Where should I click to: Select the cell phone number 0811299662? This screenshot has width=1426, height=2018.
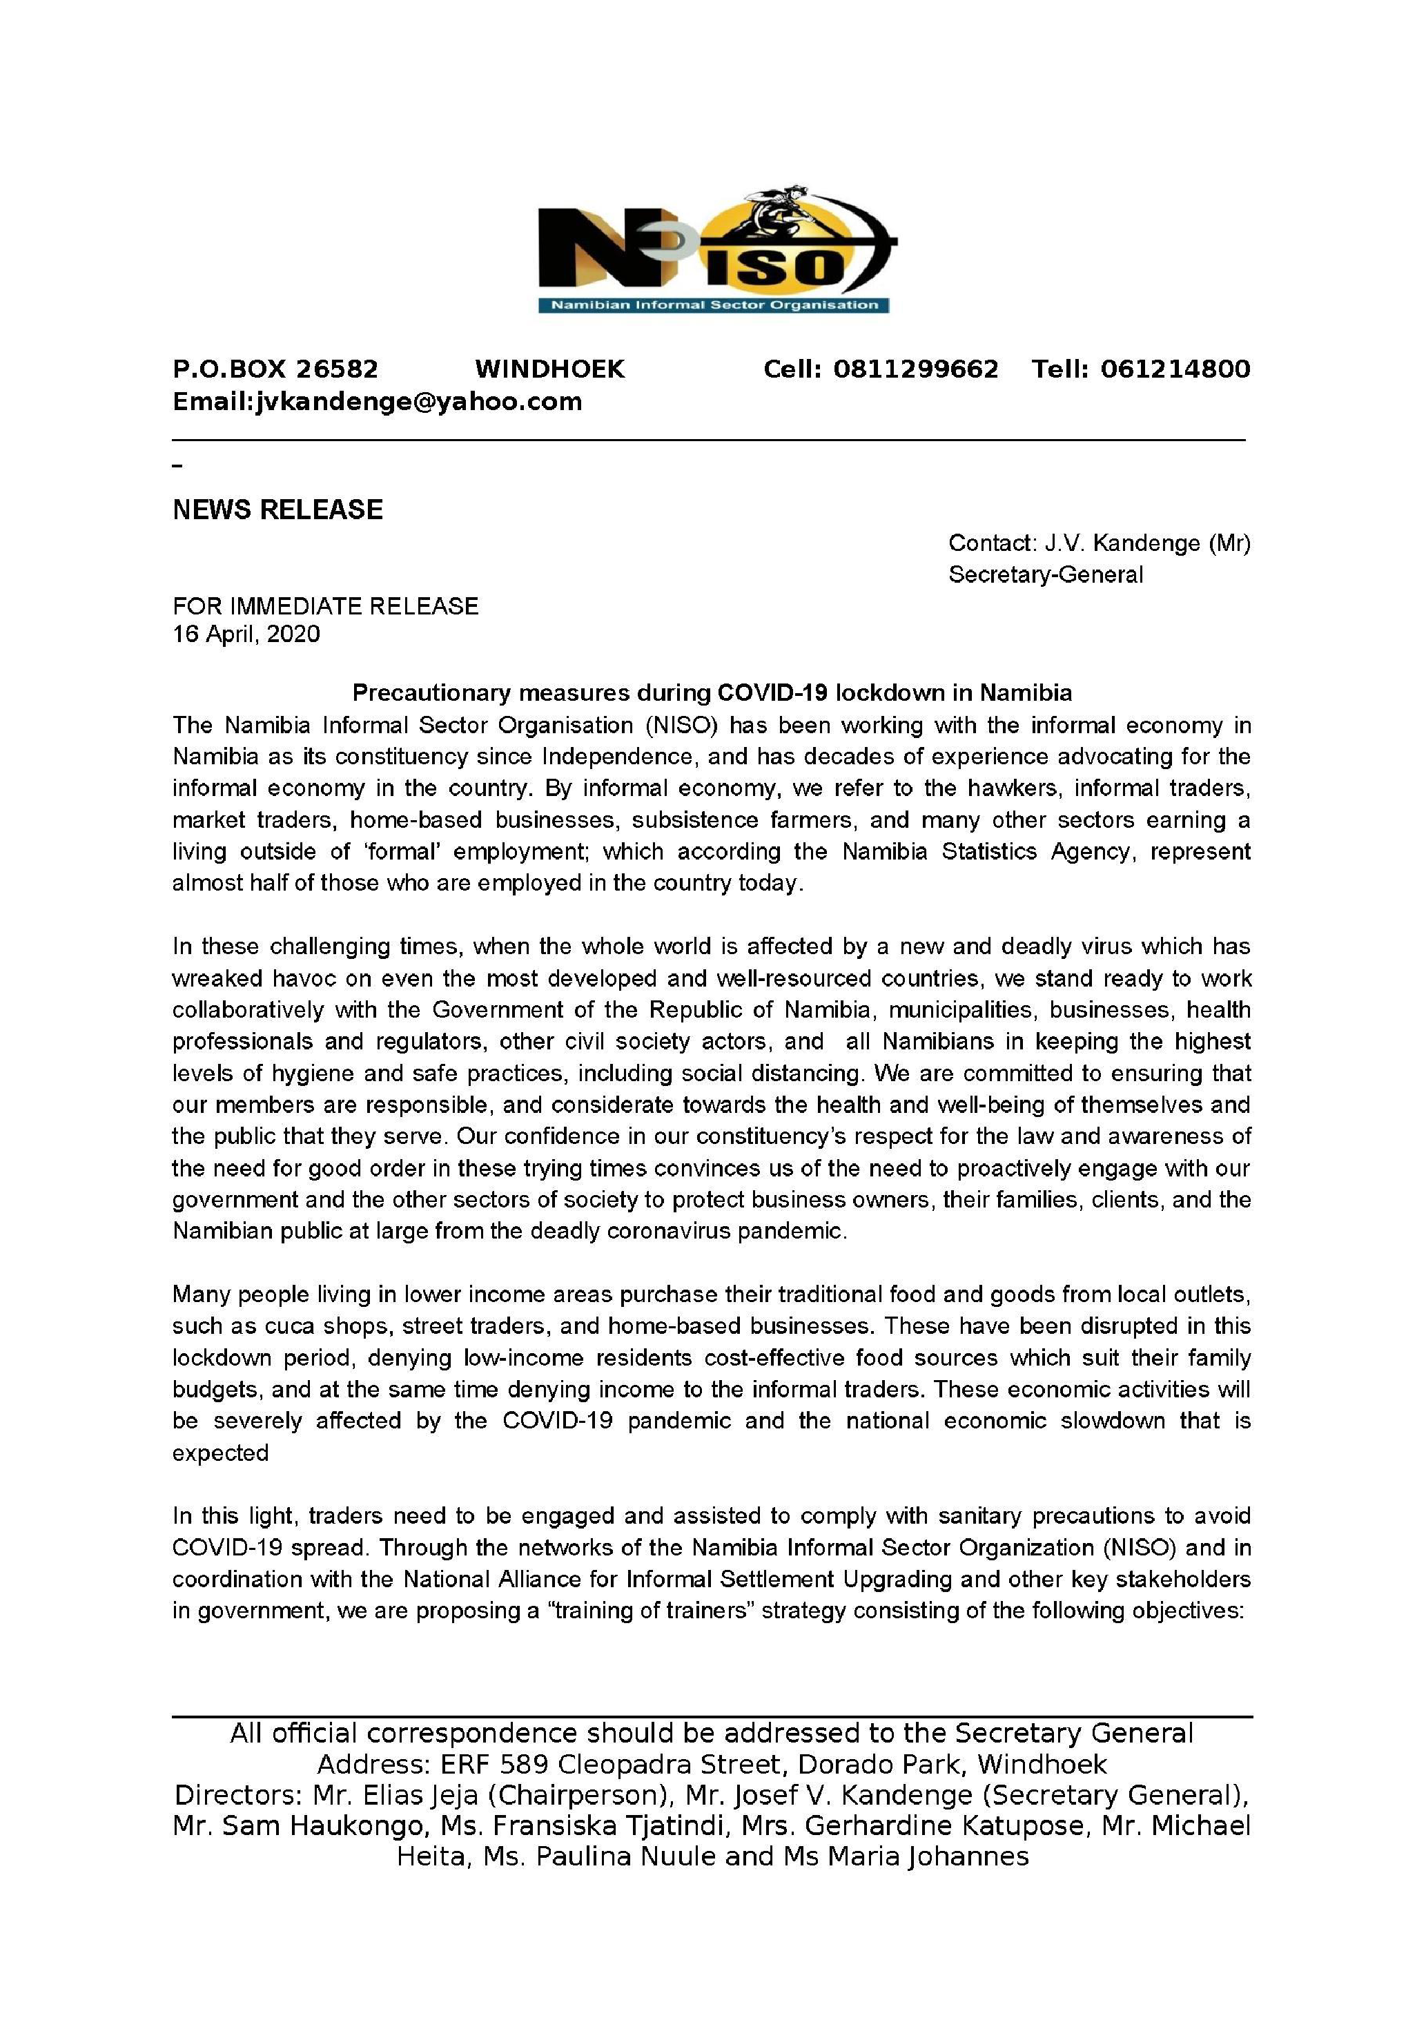coord(915,369)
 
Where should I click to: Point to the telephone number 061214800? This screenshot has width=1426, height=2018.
coord(1175,369)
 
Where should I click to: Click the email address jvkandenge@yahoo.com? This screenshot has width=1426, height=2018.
coord(418,402)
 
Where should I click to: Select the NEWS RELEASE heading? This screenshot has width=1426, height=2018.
coord(277,510)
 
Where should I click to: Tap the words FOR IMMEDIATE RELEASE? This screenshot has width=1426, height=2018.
coord(325,605)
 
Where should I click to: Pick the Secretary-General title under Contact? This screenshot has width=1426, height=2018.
coord(1046,575)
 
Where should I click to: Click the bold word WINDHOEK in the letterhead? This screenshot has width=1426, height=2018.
coord(550,369)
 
